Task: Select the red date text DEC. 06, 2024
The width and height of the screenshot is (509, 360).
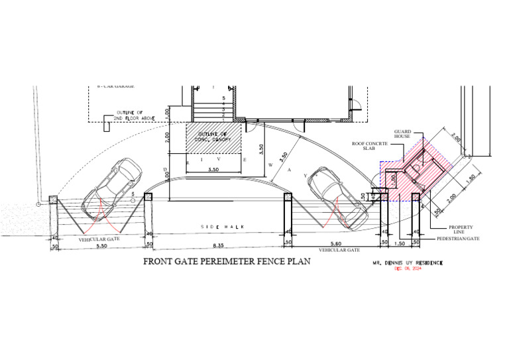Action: (408, 269)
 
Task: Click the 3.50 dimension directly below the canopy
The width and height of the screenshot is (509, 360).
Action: (212, 170)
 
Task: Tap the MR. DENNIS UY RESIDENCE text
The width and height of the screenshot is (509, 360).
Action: (407, 263)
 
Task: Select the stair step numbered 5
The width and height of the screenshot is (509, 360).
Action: (224, 98)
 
